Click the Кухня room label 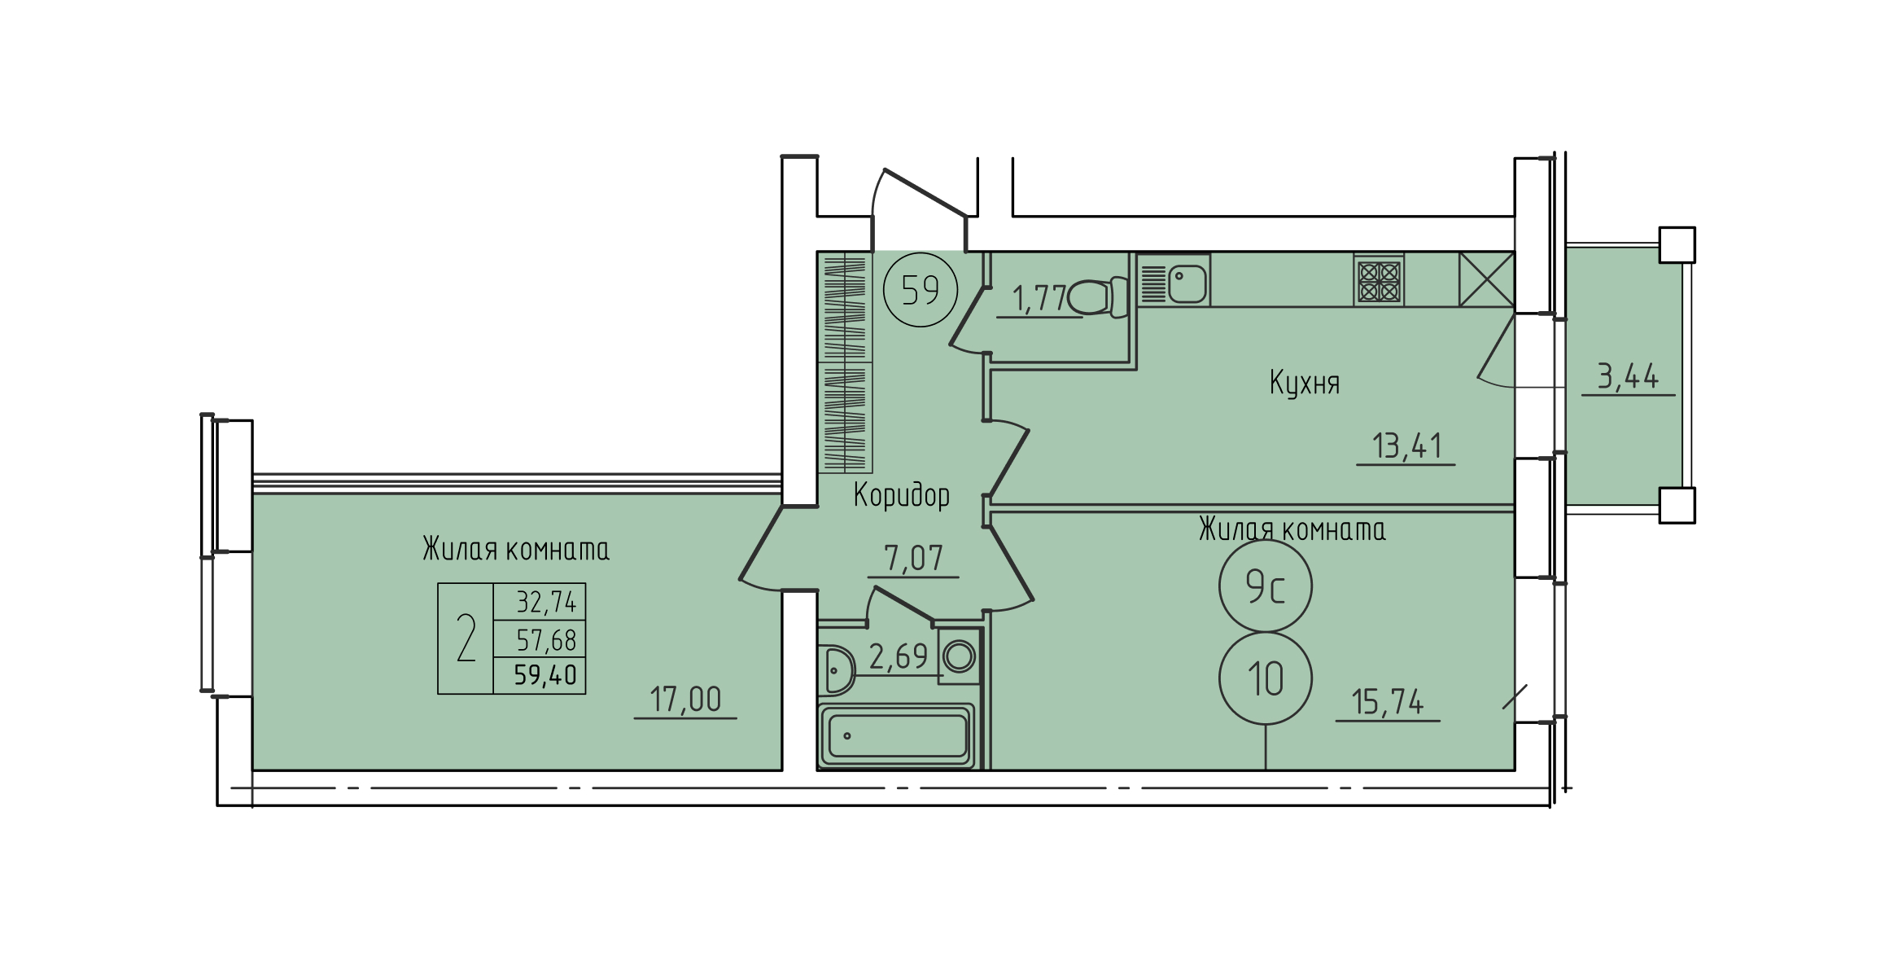click(1305, 383)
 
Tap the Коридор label click(902, 494)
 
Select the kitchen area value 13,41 click(1407, 445)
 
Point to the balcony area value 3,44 click(1628, 376)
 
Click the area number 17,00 click(685, 700)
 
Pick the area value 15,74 click(1388, 701)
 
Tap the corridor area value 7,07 click(913, 558)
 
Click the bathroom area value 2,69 click(899, 656)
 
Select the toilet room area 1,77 click(1039, 299)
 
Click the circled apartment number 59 click(921, 290)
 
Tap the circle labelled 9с click(1266, 586)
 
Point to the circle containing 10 click(1266, 678)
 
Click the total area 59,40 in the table click(545, 675)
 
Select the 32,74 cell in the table click(546, 603)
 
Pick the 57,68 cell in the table click(546, 640)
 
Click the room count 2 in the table click(466, 638)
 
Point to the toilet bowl click(1095, 297)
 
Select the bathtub click(897, 735)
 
